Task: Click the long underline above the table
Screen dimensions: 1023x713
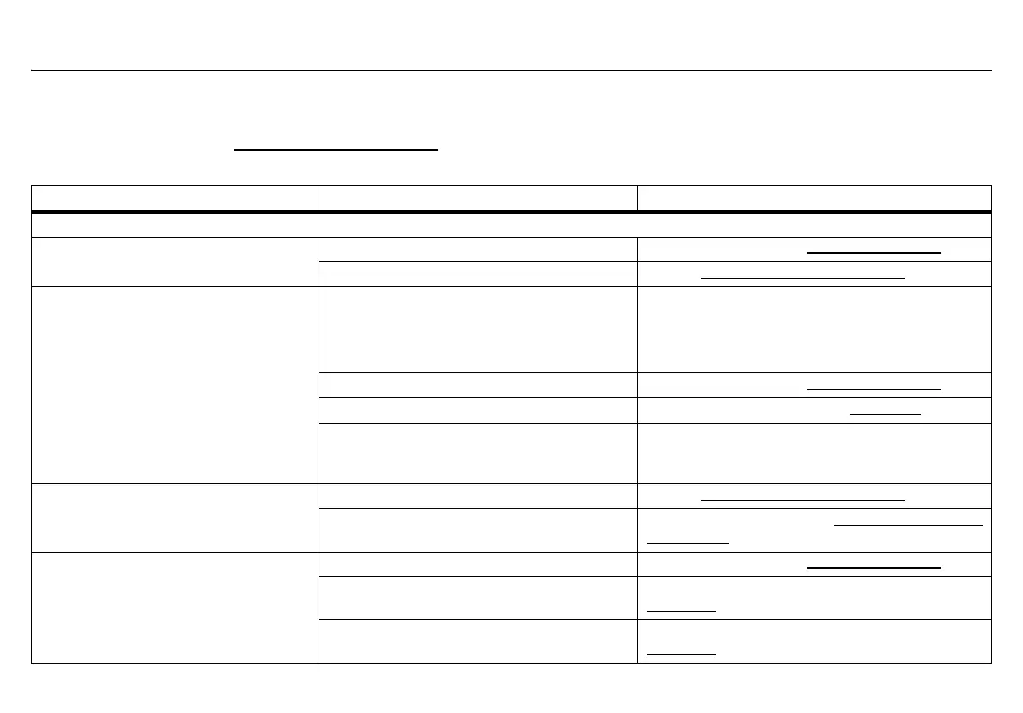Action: [337, 150]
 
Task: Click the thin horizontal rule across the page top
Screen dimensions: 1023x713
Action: [512, 71]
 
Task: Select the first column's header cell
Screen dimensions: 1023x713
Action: [175, 198]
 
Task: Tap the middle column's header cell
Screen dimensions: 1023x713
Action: [478, 198]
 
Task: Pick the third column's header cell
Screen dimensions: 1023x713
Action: [814, 198]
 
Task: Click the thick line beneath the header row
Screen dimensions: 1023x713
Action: [512, 212]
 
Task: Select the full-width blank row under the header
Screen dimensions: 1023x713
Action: [512, 225]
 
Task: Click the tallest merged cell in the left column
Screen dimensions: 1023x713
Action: [175, 384]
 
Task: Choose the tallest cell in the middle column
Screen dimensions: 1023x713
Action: [478, 329]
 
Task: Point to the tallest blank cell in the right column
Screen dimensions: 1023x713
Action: [814, 329]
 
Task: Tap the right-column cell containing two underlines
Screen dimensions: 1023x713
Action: [814, 530]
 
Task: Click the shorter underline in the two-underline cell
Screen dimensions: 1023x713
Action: [688, 543]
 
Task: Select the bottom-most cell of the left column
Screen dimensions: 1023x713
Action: [175, 607]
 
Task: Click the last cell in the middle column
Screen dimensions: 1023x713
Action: [478, 641]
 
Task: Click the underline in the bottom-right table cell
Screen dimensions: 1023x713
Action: [681, 654]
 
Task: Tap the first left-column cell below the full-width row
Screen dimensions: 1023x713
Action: [175, 261]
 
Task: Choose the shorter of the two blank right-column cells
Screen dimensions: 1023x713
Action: [814, 453]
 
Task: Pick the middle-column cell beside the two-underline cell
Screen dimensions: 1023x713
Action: [478, 530]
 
